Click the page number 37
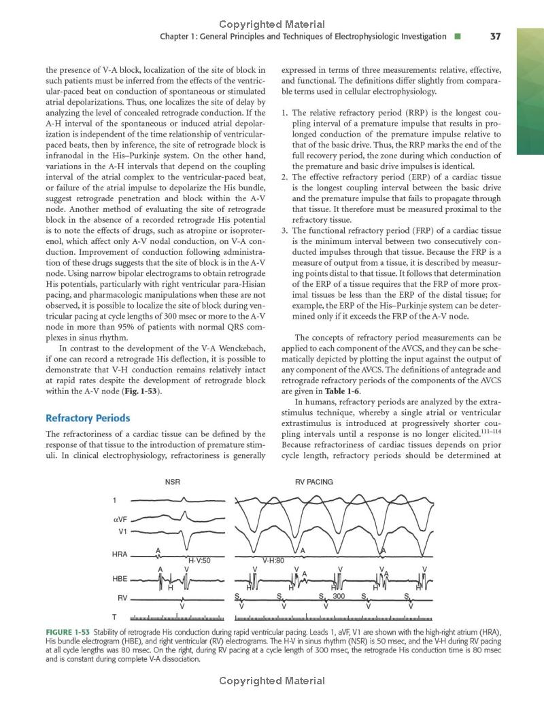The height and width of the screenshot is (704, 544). pos(495,37)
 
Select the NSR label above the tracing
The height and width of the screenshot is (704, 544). pos(173,482)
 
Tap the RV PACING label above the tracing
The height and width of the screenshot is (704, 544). pos(314,482)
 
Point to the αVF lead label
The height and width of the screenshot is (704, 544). pos(120,518)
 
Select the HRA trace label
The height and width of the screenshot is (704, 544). pos(120,555)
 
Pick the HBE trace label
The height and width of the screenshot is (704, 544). pos(120,579)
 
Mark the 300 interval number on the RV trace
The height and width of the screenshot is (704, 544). pos(339,596)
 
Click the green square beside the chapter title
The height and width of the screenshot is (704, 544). pos(458,37)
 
